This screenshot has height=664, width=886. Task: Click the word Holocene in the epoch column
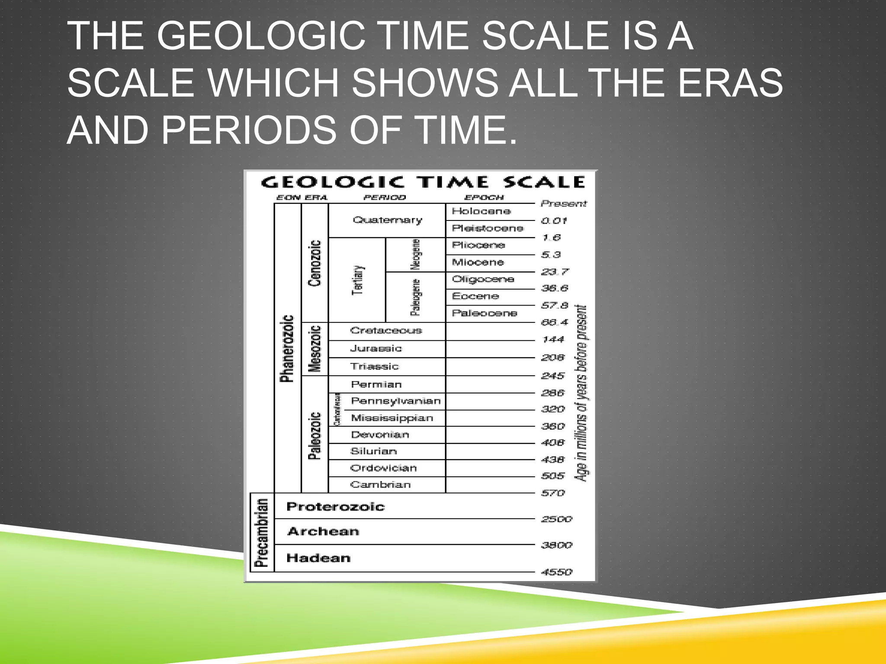[x=481, y=211]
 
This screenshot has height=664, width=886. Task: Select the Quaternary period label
[x=387, y=220]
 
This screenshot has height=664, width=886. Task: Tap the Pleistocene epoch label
[x=487, y=228]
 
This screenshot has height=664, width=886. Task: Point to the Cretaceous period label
[x=386, y=331]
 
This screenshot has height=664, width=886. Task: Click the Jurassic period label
[x=376, y=348]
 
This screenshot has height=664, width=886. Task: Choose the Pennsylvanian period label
[x=396, y=401]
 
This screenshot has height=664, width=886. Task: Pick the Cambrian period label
[x=380, y=485]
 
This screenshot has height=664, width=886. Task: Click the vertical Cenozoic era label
[x=315, y=263]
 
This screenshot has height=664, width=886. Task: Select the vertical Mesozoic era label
[x=315, y=349]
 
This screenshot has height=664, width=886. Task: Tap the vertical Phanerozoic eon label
[x=287, y=348]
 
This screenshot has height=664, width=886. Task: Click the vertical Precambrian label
[x=262, y=533]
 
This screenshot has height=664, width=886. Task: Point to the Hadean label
[x=318, y=558]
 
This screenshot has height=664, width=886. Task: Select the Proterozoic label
[x=335, y=507]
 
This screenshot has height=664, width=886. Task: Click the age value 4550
[x=556, y=572]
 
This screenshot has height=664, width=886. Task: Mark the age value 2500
[x=556, y=519]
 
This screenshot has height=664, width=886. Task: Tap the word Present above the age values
[x=563, y=204]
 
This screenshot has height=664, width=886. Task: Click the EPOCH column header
[x=484, y=198]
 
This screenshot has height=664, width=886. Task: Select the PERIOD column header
[x=384, y=198]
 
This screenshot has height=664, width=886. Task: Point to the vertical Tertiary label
[x=358, y=280]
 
